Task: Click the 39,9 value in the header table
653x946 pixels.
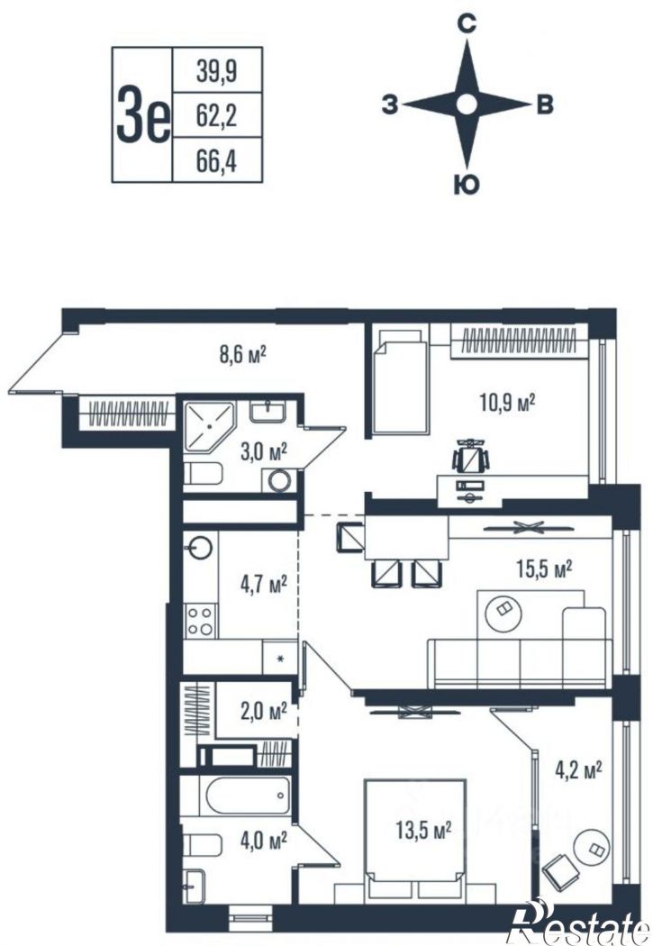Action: click(216, 71)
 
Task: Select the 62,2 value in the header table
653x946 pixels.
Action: click(216, 114)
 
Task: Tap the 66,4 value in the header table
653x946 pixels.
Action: click(216, 160)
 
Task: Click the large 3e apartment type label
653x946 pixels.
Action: click(143, 114)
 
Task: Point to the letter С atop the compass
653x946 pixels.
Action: click(467, 24)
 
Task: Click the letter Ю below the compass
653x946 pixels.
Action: click(466, 185)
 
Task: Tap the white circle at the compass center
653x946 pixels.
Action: click(467, 105)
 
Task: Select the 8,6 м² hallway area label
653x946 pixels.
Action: click(242, 354)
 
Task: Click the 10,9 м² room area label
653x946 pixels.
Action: click(508, 402)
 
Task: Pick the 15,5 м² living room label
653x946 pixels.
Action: click(544, 568)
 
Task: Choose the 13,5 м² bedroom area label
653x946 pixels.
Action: click(424, 830)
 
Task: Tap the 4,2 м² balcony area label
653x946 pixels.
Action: click(578, 769)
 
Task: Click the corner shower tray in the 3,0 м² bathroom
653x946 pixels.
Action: click(209, 426)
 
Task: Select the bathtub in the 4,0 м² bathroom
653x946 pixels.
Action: click(248, 796)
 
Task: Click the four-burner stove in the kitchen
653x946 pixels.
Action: click(200, 621)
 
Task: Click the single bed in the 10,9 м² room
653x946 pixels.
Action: click(401, 381)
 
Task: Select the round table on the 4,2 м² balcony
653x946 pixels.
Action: click(591, 849)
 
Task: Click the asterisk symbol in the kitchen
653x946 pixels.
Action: click(280, 659)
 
